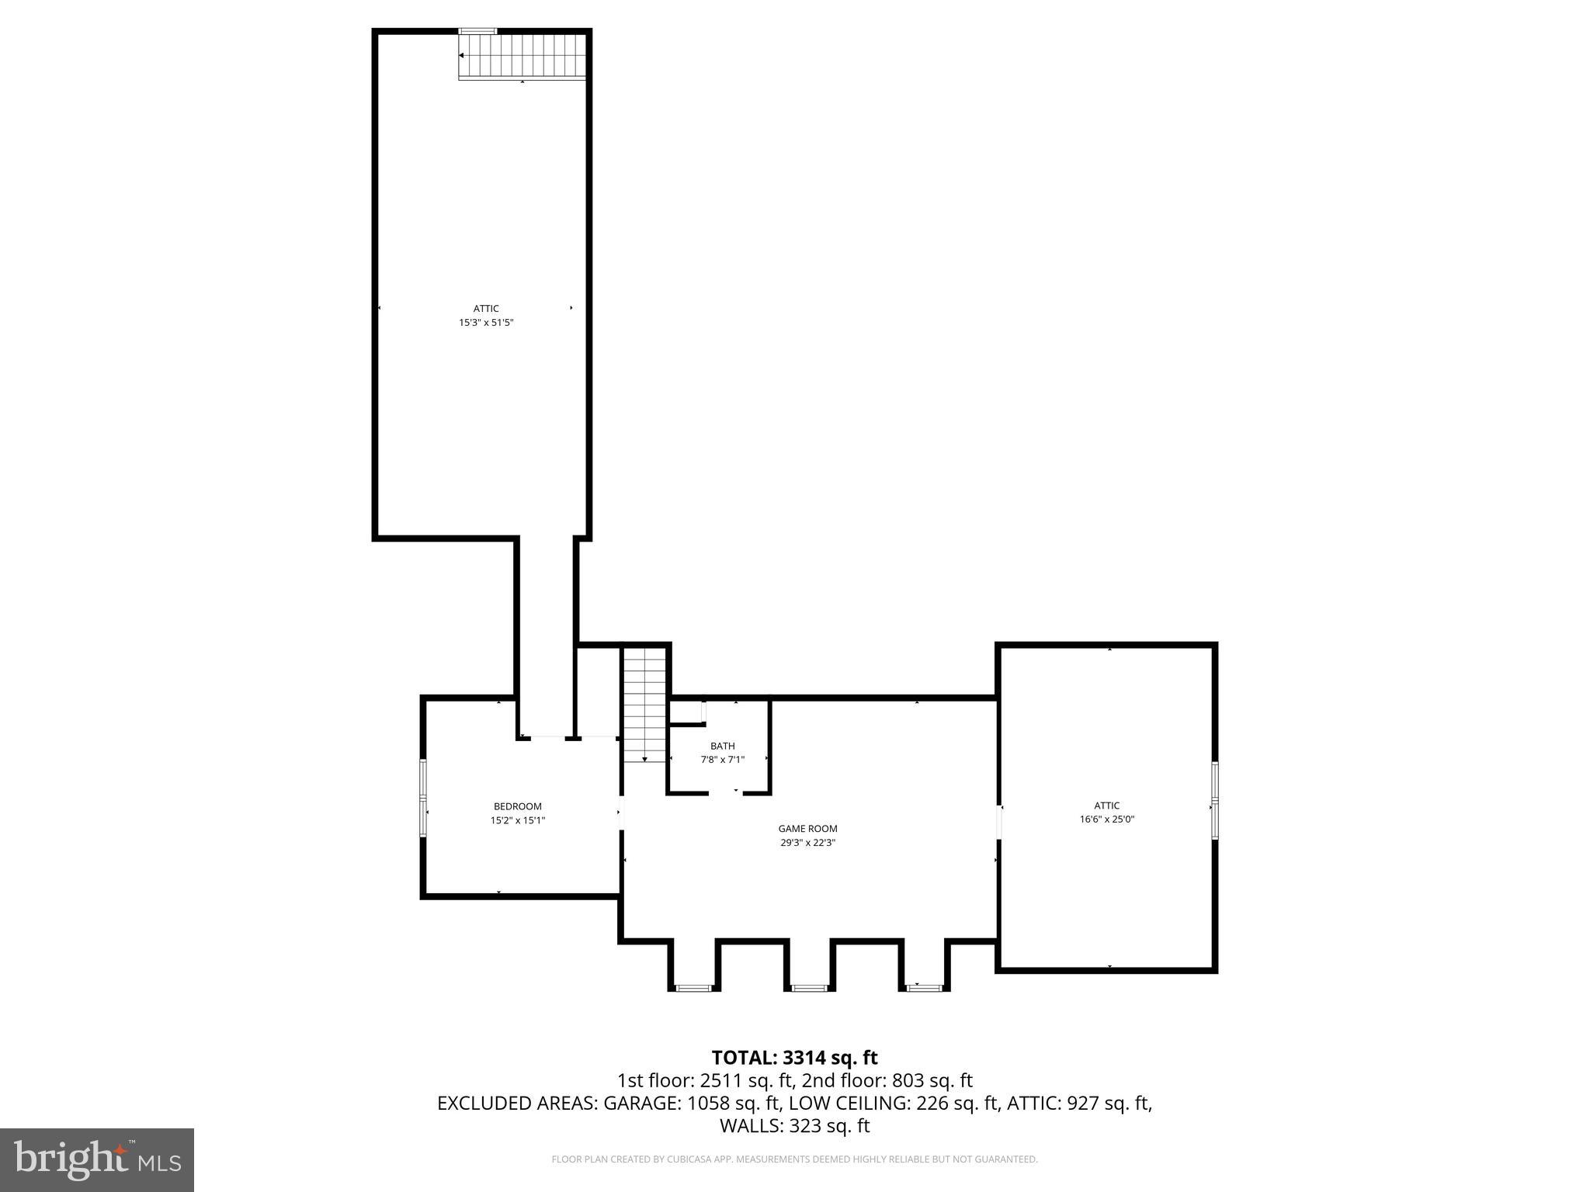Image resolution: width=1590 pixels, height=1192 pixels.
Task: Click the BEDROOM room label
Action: coord(517,806)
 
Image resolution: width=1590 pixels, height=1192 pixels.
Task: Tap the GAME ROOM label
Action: coord(807,829)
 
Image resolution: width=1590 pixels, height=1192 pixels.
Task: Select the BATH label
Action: coord(722,746)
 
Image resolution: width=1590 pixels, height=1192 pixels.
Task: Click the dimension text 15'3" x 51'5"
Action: coord(486,322)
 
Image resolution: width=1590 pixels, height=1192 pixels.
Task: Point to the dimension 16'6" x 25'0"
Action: coord(1106,819)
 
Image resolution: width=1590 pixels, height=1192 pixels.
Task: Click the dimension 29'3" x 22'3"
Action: coord(807,842)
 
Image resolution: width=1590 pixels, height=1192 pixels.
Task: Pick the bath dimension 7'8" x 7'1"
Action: coord(722,760)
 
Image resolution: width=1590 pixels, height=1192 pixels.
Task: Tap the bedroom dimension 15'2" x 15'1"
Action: coord(517,820)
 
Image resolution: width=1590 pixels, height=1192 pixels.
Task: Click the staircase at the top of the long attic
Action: coord(522,56)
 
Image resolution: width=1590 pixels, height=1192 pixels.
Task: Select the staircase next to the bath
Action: coord(645,705)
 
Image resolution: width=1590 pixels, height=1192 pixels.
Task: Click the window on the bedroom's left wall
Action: coord(423,799)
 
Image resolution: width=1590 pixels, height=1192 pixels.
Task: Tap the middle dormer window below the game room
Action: coord(809,988)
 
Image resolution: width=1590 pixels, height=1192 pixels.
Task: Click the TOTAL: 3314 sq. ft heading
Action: coord(794,1058)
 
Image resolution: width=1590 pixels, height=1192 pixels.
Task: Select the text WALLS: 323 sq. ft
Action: coord(794,1126)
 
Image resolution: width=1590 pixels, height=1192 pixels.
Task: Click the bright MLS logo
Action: coord(96,1159)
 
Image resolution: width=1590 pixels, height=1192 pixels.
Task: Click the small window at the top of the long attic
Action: coord(477,31)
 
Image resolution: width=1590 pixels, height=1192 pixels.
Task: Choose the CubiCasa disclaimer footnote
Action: coord(794,1159)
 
